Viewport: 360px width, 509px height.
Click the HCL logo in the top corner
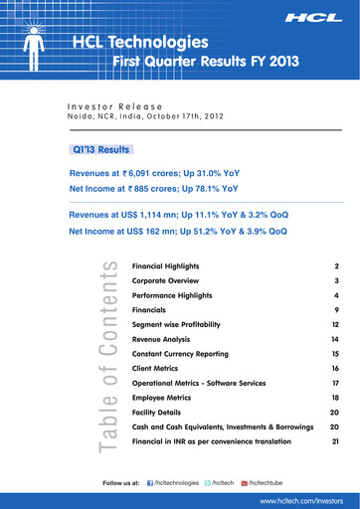click(315, 19)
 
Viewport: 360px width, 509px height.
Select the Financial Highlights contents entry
click(166, 267)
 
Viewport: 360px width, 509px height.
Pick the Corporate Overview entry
click(165, 281)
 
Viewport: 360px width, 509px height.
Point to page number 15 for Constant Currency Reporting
click(336, 354)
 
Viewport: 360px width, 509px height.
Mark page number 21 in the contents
click(336, 440)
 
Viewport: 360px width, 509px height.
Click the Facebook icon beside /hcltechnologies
click(150, 483)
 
